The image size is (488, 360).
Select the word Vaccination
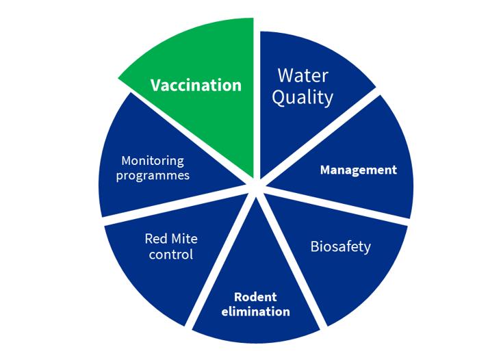(x=196, y=86)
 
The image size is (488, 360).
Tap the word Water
(x=303, y=75)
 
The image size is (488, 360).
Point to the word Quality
(x=303, y=97)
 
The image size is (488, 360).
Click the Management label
(x=359, y=170)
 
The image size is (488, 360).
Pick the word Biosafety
(x=341, y=247)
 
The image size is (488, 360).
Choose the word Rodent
(x=255, y=297)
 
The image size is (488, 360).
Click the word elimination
(x=255, y=311)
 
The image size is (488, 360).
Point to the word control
(x=171, y=255)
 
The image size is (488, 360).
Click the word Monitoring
(x=153, y=161)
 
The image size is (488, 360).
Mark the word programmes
(x=153, y=175)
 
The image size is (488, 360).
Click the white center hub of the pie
(x=256, y=187)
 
